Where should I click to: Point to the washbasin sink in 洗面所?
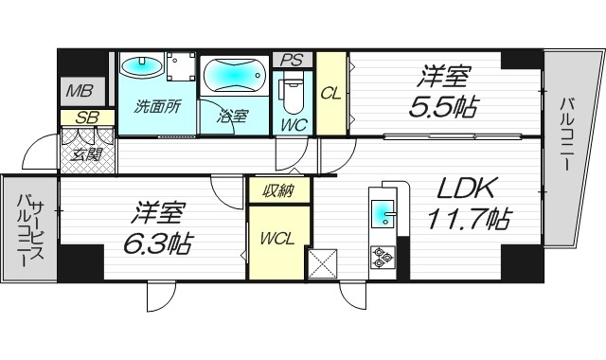click(143, 67)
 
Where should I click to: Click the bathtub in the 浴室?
click(234, 75)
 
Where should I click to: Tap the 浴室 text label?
click(232, 117)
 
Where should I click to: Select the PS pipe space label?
click(291, 60)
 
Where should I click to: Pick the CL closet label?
click(330, 93)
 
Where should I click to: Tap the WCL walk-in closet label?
click(276, 238)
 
